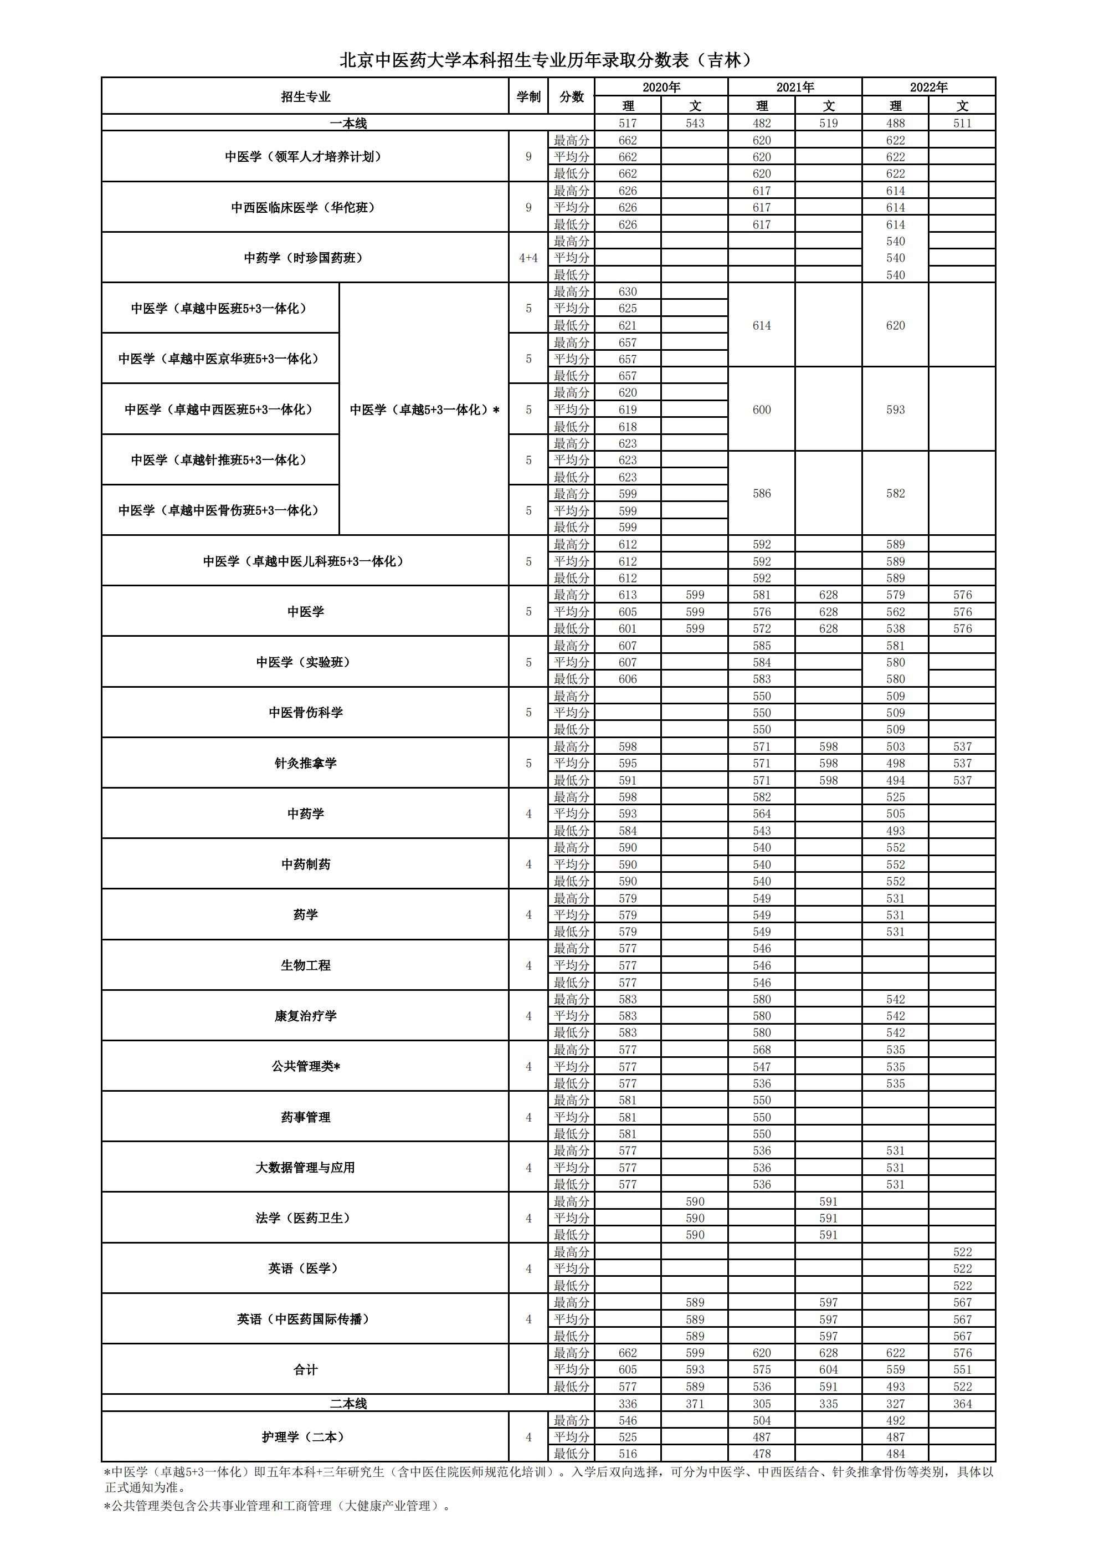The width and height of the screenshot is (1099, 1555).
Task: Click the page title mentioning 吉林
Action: click(x=546, y=60)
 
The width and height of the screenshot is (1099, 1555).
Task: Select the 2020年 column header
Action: click(x=661, y=86)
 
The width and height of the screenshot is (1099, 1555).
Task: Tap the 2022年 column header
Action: click(x=928, y=86)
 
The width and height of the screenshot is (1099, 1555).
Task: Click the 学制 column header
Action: click(x=528, y=96)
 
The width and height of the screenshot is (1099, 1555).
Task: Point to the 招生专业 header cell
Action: click(x=305, y=96)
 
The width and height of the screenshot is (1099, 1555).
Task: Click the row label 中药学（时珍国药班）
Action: click(x=305, y=257)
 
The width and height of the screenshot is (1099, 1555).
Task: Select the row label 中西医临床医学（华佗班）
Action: click(x=305, y=207)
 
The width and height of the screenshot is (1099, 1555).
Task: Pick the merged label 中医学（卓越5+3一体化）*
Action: click(x=424, y=409)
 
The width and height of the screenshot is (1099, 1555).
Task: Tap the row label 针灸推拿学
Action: click(x=305, y=763)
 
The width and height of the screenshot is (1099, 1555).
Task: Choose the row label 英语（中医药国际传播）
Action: click(x=305, y=1318)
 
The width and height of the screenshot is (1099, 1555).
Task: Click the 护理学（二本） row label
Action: click(x=305, y=1436)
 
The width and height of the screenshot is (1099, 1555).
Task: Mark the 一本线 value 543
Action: click(x=695, y=123)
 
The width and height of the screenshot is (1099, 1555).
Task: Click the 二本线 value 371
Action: click(x=695, y=1404)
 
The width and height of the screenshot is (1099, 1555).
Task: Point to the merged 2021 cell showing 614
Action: click(x=762, y=325)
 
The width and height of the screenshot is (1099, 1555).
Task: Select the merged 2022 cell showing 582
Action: click(x=895, y=493)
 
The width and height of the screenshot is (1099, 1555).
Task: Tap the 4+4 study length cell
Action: click(x=528, y=257)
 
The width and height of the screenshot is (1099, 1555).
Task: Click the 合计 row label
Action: click(x=305, y=1369)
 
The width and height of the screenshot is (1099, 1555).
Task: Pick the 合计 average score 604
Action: click(x=828, y=1369)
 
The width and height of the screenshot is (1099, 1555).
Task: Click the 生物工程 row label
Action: click(x=305, y=965)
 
